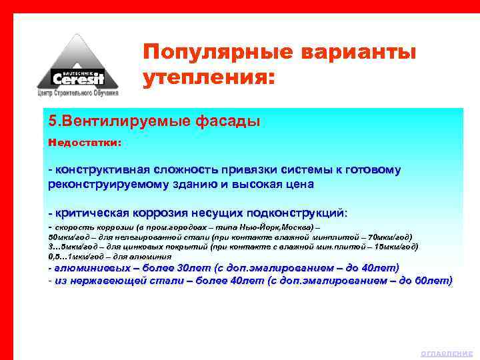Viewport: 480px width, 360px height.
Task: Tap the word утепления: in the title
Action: pos(208,78)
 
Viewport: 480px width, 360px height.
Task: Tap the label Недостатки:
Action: pos(84,143)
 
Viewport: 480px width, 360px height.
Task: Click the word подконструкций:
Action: pos(297,213)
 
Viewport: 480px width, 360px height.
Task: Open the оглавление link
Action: pos(447,353)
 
